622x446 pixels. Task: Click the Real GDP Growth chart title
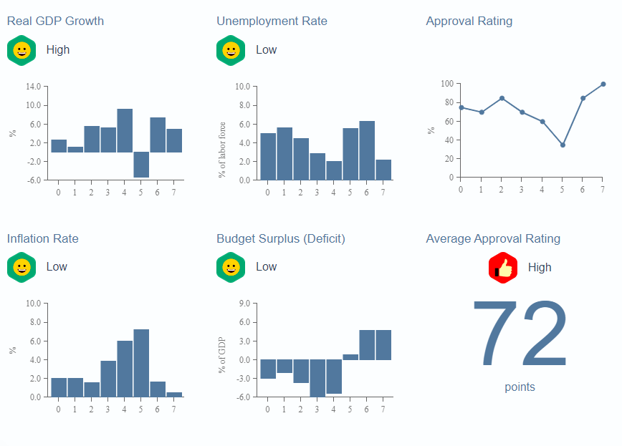click(x=55, y=21)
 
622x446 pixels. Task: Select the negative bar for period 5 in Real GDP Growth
click(x=141, y=165)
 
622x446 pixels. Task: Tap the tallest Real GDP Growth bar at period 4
click(x=125, y=131)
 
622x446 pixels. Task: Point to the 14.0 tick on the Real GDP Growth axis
click(x=33, y=87)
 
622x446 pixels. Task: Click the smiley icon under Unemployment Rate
click(x=231, y=50)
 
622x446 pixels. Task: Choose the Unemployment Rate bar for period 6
click(x=367, y=150)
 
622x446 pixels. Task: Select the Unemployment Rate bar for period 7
click(x=383, y=170)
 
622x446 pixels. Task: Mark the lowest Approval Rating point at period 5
click(x=563, y=145)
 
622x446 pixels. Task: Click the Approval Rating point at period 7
click(x=603, y=84)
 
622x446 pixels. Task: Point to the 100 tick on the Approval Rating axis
click(x=447, y=84)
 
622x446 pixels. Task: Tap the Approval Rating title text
click(x=469, y=21)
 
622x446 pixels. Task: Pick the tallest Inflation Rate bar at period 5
click(x=141, y=363)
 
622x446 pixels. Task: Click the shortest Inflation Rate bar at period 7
click(x=174, y=394)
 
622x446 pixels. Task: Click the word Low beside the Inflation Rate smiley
click(x=57, y=267)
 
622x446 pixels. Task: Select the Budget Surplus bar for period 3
click(x=317, y=378)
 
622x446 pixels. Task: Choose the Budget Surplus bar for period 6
click(x=367, y=345)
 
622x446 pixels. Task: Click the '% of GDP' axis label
click(x=222, y=356)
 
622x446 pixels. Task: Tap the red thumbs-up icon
click(x=503, y=268)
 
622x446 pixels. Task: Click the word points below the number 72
click(x=520, y=387)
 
